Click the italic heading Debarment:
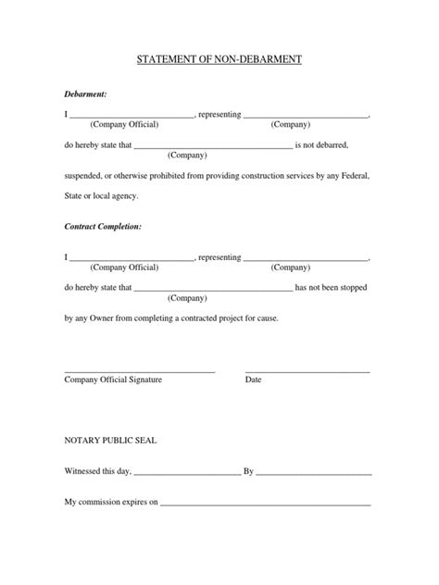[85, 94]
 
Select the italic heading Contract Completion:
[103, 225]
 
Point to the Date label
[253, 380]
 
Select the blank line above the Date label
[307, 370]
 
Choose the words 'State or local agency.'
[106, 195]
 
